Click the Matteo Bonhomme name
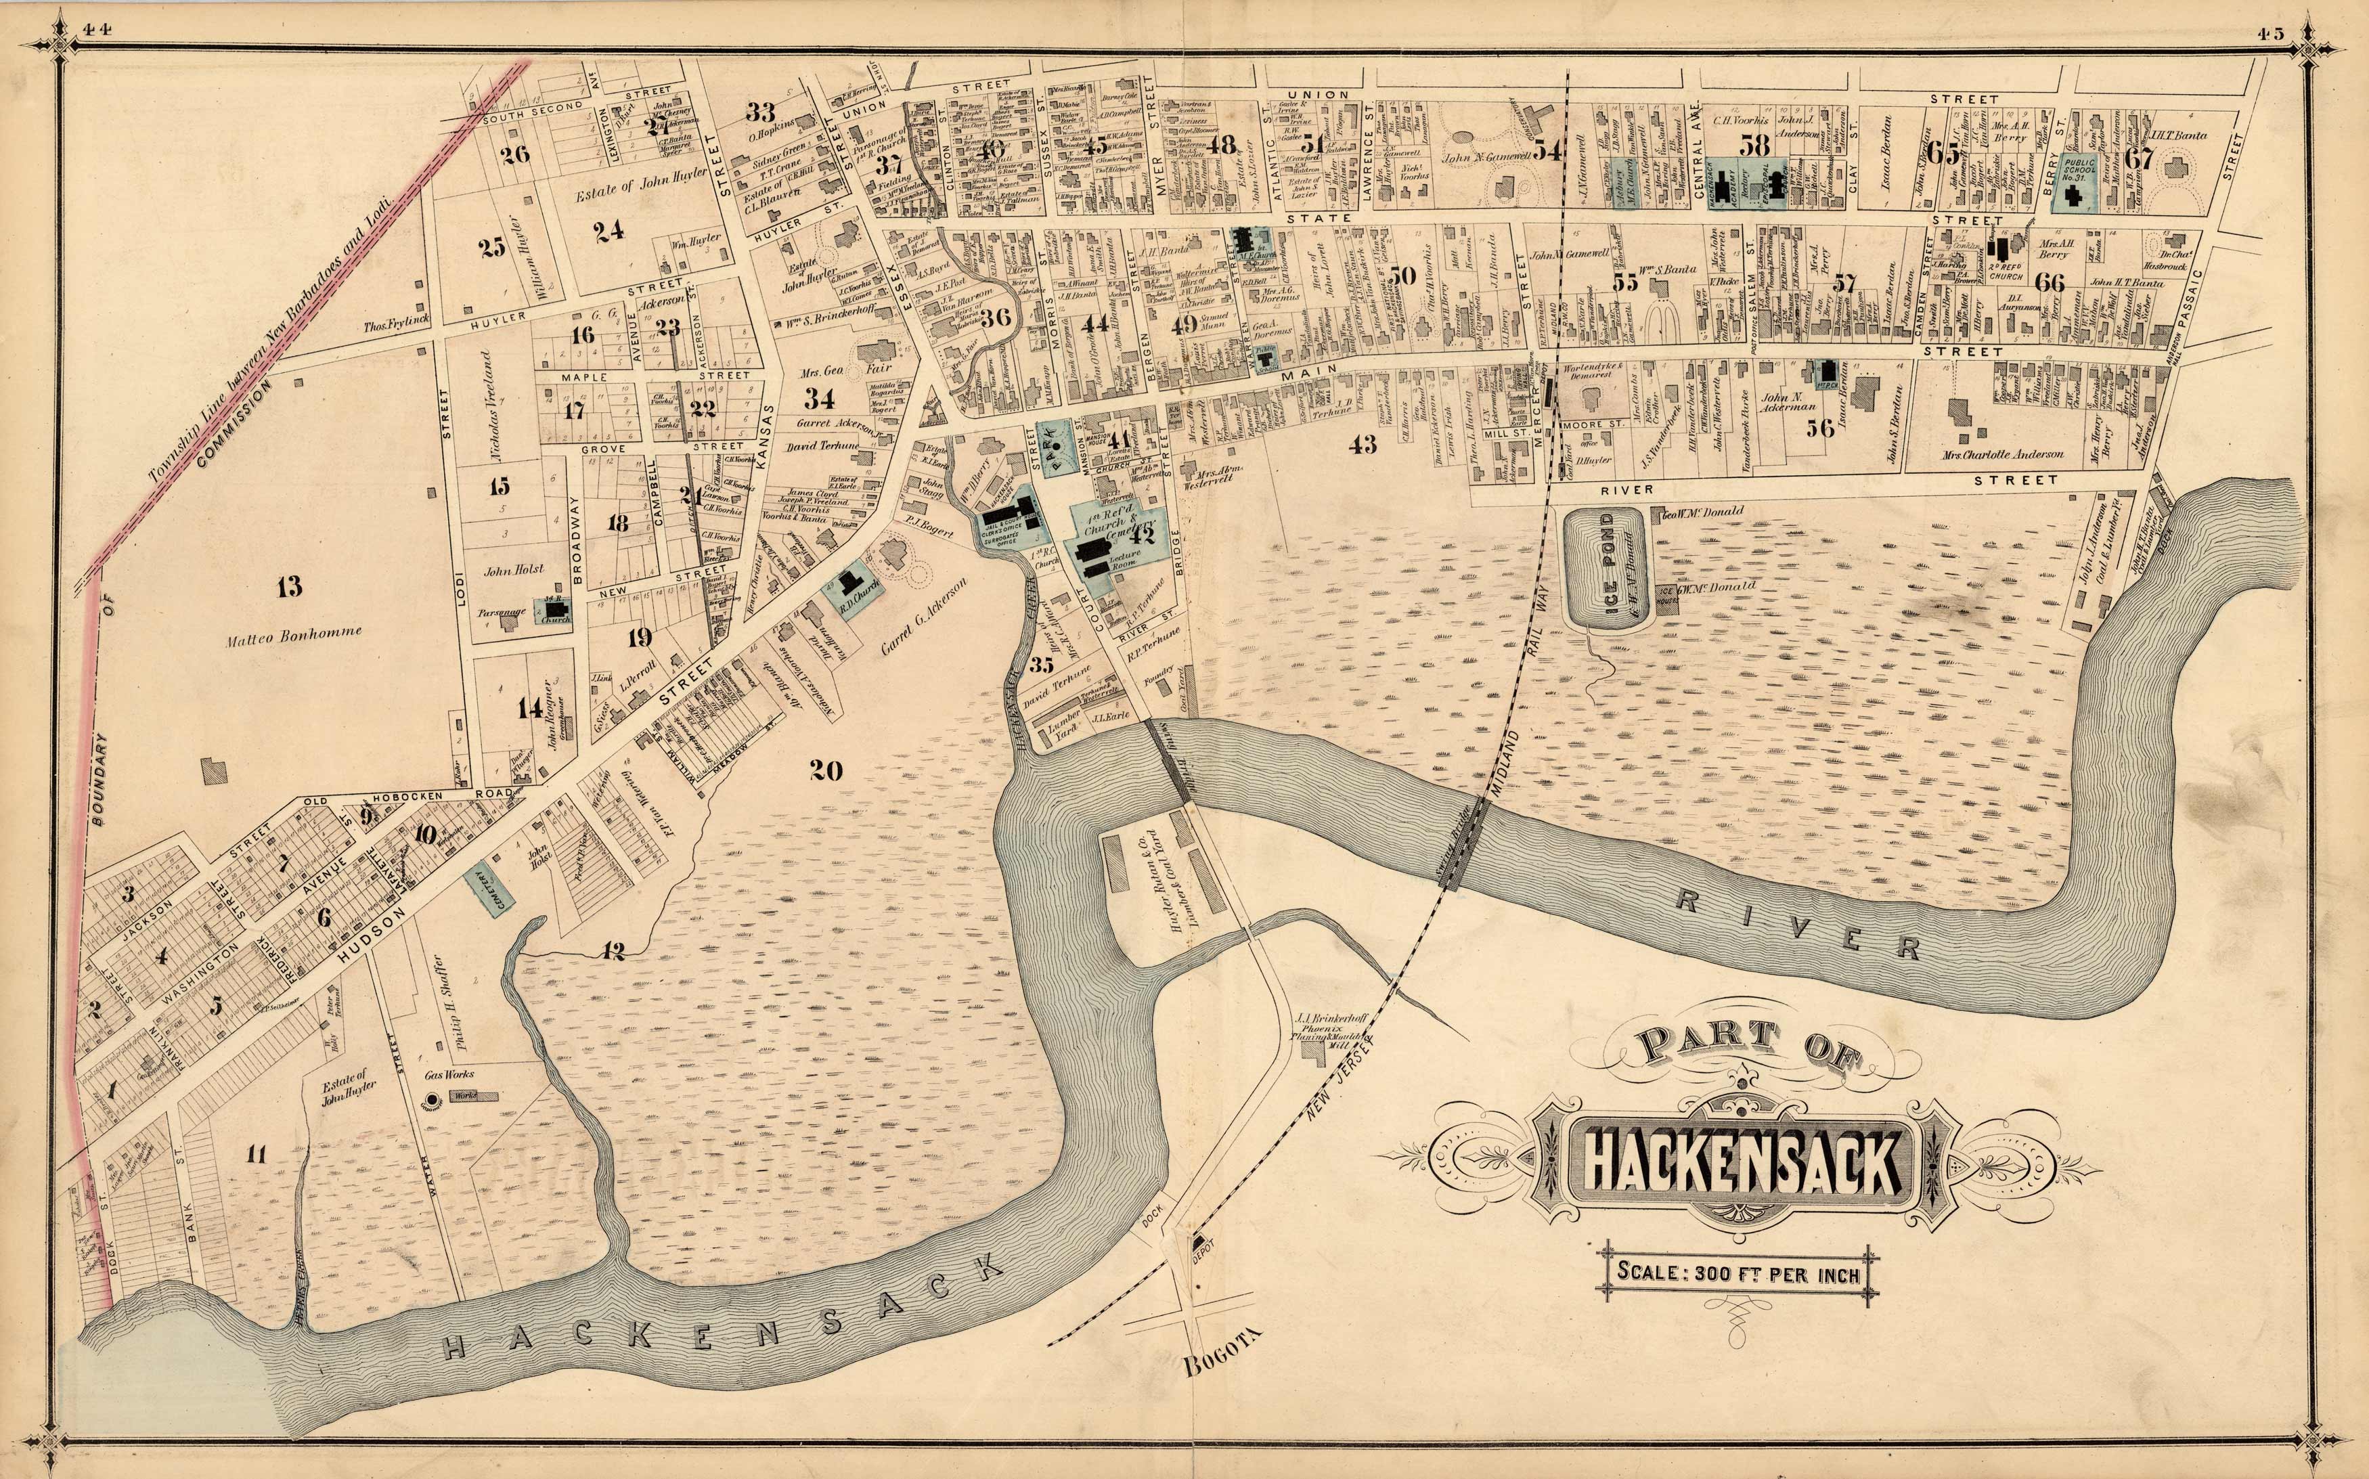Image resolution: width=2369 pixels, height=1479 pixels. [294, 632]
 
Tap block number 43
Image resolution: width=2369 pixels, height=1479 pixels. [1362, 446]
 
